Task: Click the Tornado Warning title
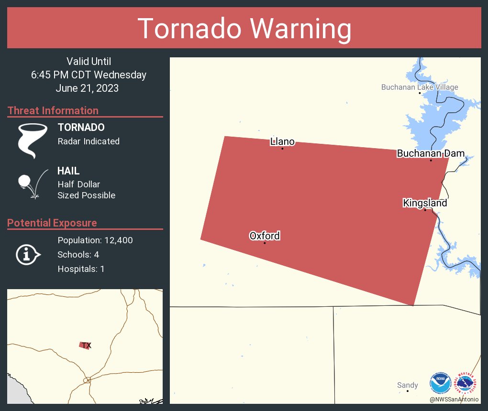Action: (x=244, y=29)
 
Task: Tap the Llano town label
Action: (x=282, y=141)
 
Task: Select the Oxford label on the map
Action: (x=265, y=236)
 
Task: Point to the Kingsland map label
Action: (x=425, y=203)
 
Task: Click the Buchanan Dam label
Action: (x=430, y=153)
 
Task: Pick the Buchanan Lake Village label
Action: (x=420, y=87)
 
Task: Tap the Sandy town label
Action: (x=407, y=385)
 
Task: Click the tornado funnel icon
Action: (x=32, y=140)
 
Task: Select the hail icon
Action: (x=32, y=184)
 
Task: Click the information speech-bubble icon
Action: (x=28, y=254)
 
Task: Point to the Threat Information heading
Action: (x=53, y=110)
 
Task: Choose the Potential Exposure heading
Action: (x=52, y=223)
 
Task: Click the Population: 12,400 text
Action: (x=95, y=240)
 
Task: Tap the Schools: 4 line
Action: (x=78, y=254)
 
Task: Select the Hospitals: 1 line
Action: (x=81, y=269)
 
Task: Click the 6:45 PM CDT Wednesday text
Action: (x=89, y=75)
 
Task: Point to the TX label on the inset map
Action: (x=86, y=346)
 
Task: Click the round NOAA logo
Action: (x=440, y=383)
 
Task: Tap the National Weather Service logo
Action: (x=467, y=383)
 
